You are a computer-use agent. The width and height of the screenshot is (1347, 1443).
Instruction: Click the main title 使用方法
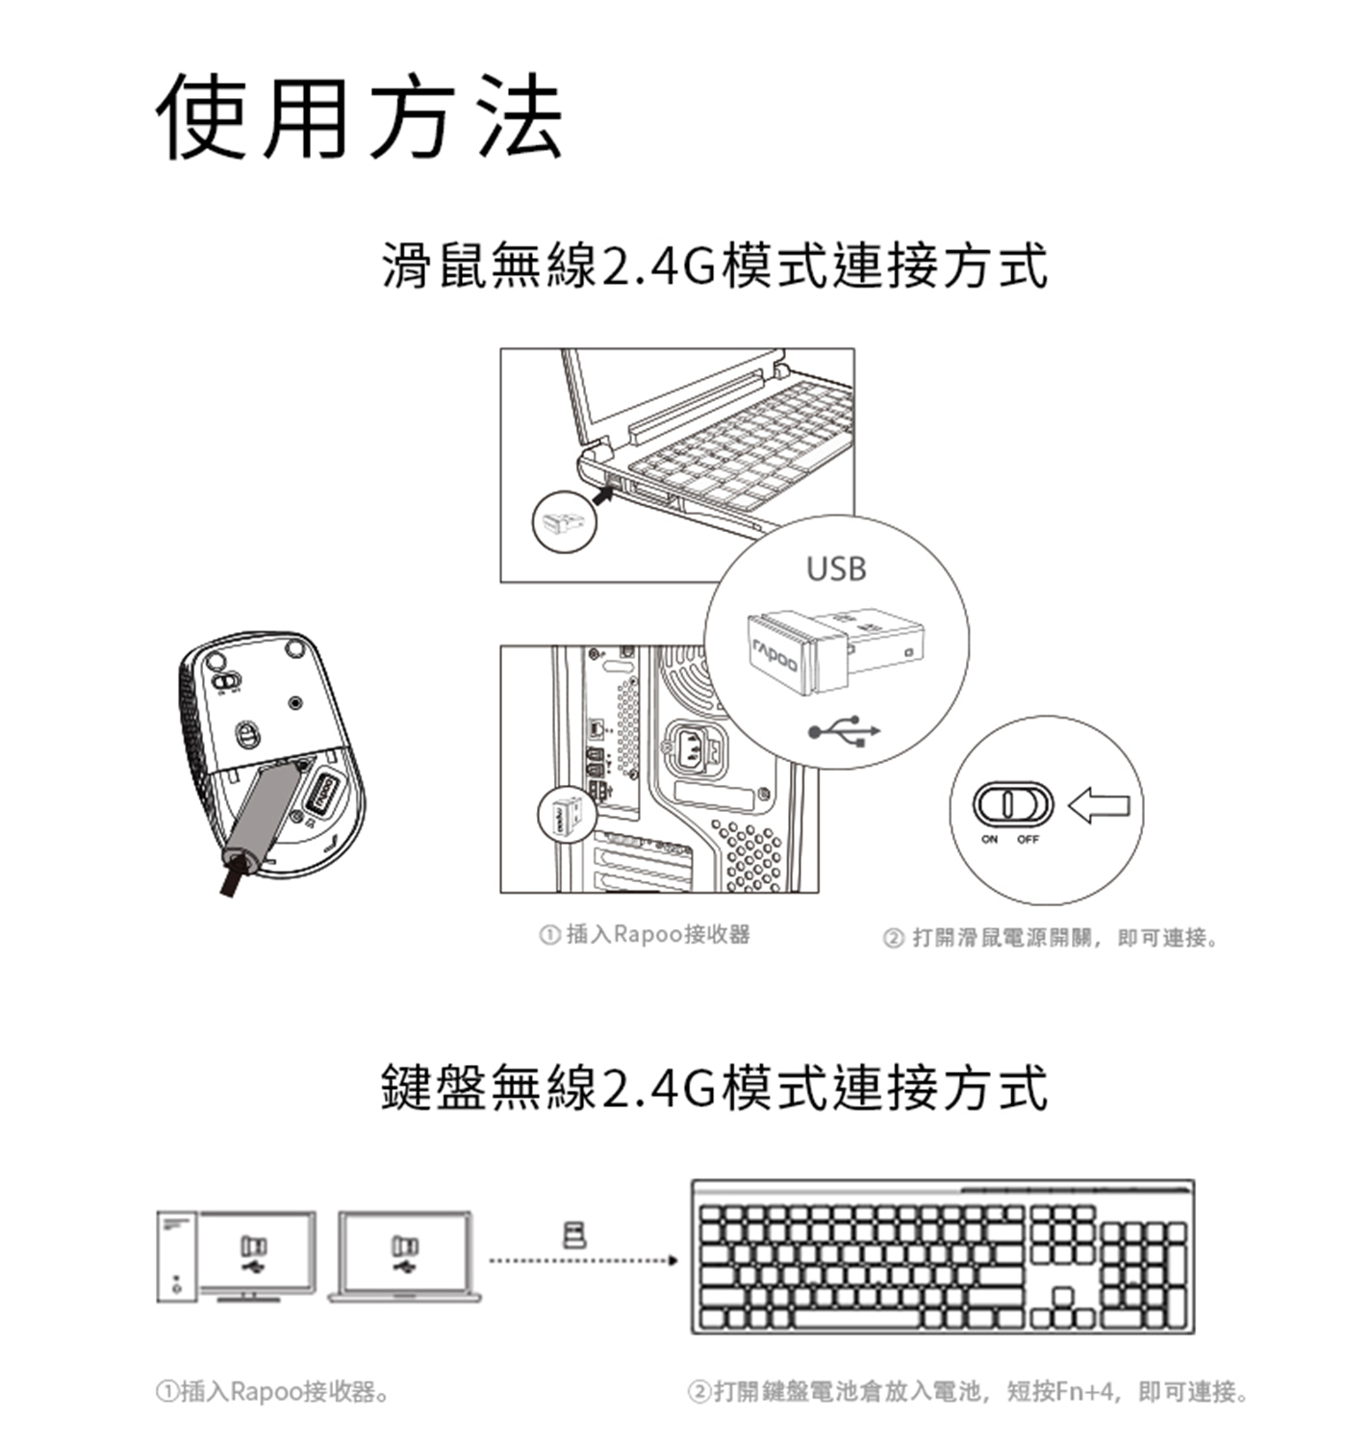pos(359,116)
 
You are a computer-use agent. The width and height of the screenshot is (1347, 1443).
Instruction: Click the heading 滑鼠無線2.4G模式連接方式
pos(715,266)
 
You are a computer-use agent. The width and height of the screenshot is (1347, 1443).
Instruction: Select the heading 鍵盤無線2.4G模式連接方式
pos(715,1087)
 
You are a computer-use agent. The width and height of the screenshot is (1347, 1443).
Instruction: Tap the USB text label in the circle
pos(836,569)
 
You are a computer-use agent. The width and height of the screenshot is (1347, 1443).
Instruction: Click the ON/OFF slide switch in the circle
pos(1012,803)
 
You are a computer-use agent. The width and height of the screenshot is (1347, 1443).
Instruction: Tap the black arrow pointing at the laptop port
pos(605,494)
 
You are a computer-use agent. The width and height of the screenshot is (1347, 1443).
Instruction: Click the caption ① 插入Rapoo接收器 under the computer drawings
pos(644,934)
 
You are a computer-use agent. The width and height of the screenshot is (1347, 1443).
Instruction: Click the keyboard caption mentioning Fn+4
pos(968,1392)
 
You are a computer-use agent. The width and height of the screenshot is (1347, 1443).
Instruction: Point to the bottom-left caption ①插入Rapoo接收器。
pos(272,1392)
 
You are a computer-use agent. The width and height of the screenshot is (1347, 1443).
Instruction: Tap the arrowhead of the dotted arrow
pos(672,1260)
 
